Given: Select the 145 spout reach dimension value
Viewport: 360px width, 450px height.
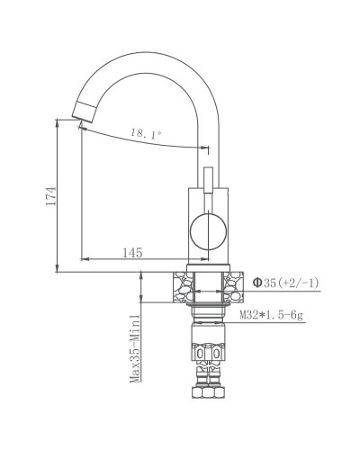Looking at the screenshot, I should click(133, 254).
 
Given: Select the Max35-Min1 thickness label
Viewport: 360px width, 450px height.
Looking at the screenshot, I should click(132, 349).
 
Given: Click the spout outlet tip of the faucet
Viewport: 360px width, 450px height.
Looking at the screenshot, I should click(81, 112).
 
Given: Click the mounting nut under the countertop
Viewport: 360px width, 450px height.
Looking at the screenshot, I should click(208, 310).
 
